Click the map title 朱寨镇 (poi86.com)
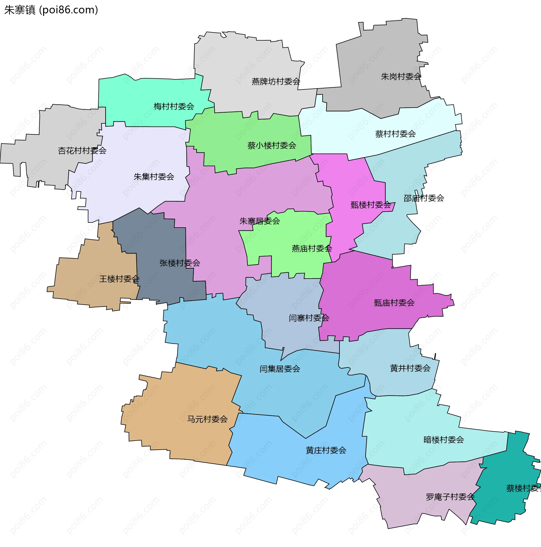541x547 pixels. click(x=51, y=10)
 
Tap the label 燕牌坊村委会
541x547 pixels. click(x=276, y=81)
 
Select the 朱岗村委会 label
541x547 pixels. click(x=401, y=76)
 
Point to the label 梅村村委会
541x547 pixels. click(x=174, y=106)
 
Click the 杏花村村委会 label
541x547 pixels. click(x=82, y=151)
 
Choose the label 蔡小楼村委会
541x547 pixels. click(x=272, y=146)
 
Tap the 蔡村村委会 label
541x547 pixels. click(x=395, y=134)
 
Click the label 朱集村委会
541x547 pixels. click(x=154, y=177)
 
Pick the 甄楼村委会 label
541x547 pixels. click(x=371, y=205)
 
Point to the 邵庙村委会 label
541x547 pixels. click(x=424, y=198)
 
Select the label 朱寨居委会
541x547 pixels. click(x=260, y=221)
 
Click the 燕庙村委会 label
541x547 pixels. click(x=312, y=249)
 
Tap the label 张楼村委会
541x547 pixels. click(x=180, y=263)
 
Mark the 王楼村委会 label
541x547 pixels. click(x=119, y=279)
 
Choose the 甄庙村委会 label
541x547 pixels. click(x=394, y=303)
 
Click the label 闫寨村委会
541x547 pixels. click(x=309, y=318)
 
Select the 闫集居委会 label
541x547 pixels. click(x=280, y=369)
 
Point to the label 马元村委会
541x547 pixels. click(x=207, y=419)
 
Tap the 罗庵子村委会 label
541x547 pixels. click(x=450, y=497)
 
